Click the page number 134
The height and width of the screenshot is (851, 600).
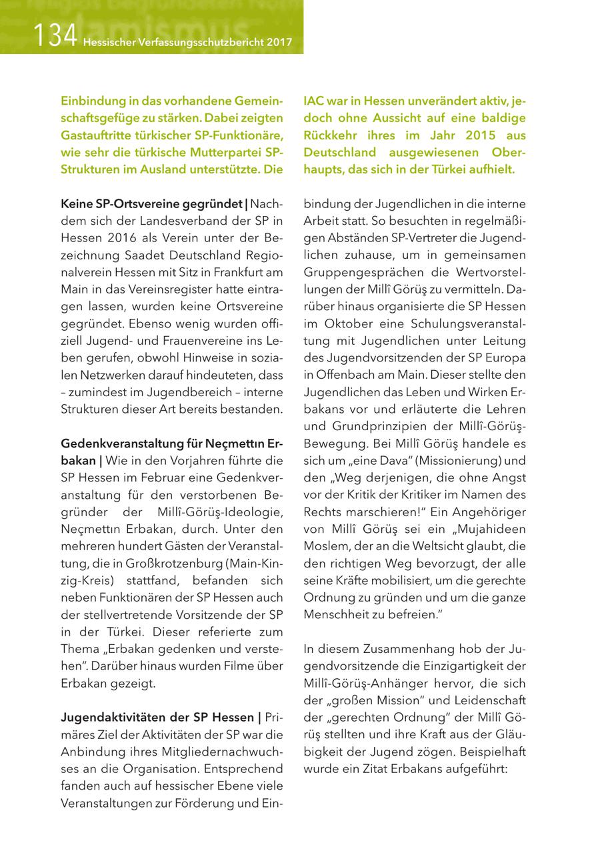(57, 35)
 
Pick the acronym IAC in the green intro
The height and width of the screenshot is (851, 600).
(315, 101)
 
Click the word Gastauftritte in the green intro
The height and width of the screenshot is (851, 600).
(99, 135)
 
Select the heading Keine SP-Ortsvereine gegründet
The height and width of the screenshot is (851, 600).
(151, 203)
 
